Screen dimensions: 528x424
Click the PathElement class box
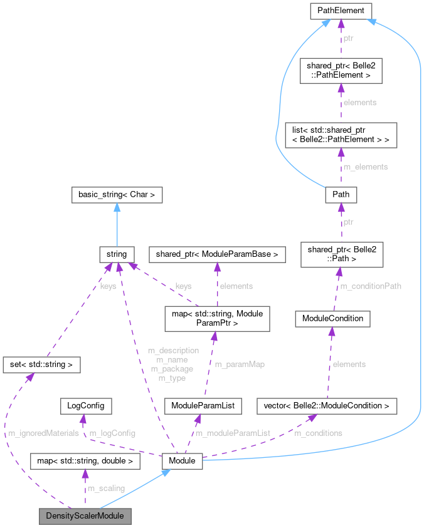[x=341, y=11]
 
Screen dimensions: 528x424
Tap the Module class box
[x=182, y=462]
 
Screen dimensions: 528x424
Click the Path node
[x=341, y=194]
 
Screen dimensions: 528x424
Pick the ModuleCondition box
[x=332, y=318]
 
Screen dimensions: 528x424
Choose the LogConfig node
[x=86, y=405]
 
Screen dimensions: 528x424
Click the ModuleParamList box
[x=203, y=406]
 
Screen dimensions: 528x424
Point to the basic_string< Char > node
[x=117, y=195]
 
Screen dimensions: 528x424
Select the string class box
[x=117, y=254]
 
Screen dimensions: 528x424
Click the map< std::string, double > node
[x=85, y=462]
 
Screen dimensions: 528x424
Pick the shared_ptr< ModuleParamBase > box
[x=217, y=254]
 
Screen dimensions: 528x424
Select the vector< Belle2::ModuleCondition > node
[x=327, y=406]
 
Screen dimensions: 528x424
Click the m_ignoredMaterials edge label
[x=43, y=433]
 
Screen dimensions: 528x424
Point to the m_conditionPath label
[x=370, y=286]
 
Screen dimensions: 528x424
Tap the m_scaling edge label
[x=106, y=488]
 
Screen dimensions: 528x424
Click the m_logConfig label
[x=112, y=433]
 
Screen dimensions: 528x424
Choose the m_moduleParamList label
[x=233, y=433]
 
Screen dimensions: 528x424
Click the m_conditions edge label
[x=319, y=433]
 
